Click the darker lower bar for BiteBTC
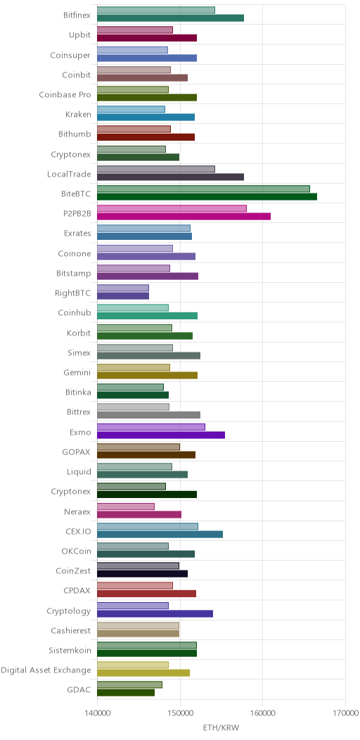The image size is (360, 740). tap(207, 196)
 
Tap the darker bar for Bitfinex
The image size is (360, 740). tap(170, 18)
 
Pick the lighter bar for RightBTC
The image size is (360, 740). tap(123, 288)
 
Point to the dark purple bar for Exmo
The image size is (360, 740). tap(161, 435)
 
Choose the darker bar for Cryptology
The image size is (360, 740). tap(155, 613)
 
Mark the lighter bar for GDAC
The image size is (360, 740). tap(130, 685)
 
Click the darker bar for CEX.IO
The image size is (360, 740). tap(160, 534)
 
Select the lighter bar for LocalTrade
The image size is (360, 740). tap(156, 169)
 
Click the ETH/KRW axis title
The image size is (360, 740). tap(221, 728)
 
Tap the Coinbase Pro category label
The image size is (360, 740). tap(65, 94)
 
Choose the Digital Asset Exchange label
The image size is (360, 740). tap(46, 670)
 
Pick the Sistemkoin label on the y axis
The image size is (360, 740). tap(70, 651)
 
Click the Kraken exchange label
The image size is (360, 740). tap(78, 114)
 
